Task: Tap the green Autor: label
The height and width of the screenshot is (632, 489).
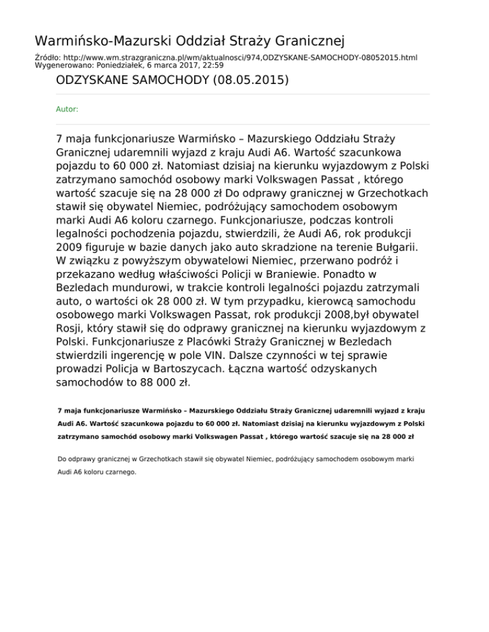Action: (67, 109)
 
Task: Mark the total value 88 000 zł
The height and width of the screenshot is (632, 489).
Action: (162, 383)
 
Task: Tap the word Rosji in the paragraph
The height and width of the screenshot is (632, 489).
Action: (70, 328)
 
